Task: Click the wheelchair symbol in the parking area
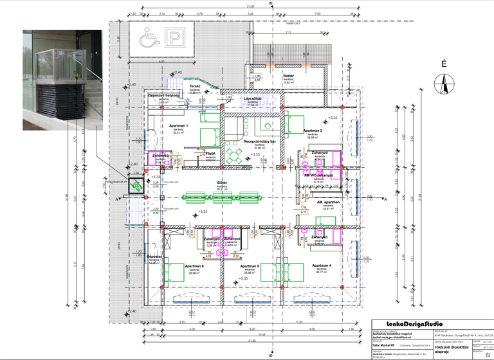coord(148,40)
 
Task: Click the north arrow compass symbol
coord(443,82)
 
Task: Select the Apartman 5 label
coord(248,265)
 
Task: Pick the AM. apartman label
coord(329,202)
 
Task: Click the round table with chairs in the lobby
coord(234,154)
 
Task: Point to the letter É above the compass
coord(443,64)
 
